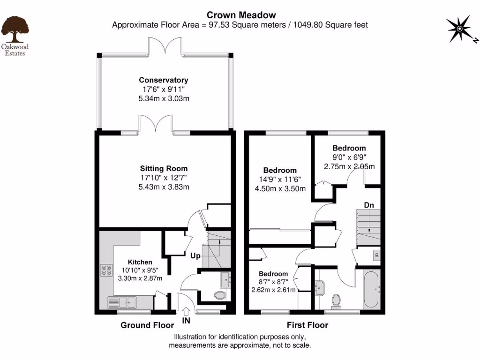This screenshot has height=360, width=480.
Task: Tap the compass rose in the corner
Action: (x=459, y=29)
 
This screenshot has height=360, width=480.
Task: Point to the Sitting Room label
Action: (x=164, y=168)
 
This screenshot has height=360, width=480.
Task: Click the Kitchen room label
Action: (x=140, y=262)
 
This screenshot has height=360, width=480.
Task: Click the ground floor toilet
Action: (x=219, y=295)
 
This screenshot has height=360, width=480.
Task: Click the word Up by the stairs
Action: (x=196, y=256)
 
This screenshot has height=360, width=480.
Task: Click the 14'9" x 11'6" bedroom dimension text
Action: (x=280, y=180)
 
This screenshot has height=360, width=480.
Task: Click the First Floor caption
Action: (x=307, y=325)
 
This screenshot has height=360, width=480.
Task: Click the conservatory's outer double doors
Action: (x=166, y=47)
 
